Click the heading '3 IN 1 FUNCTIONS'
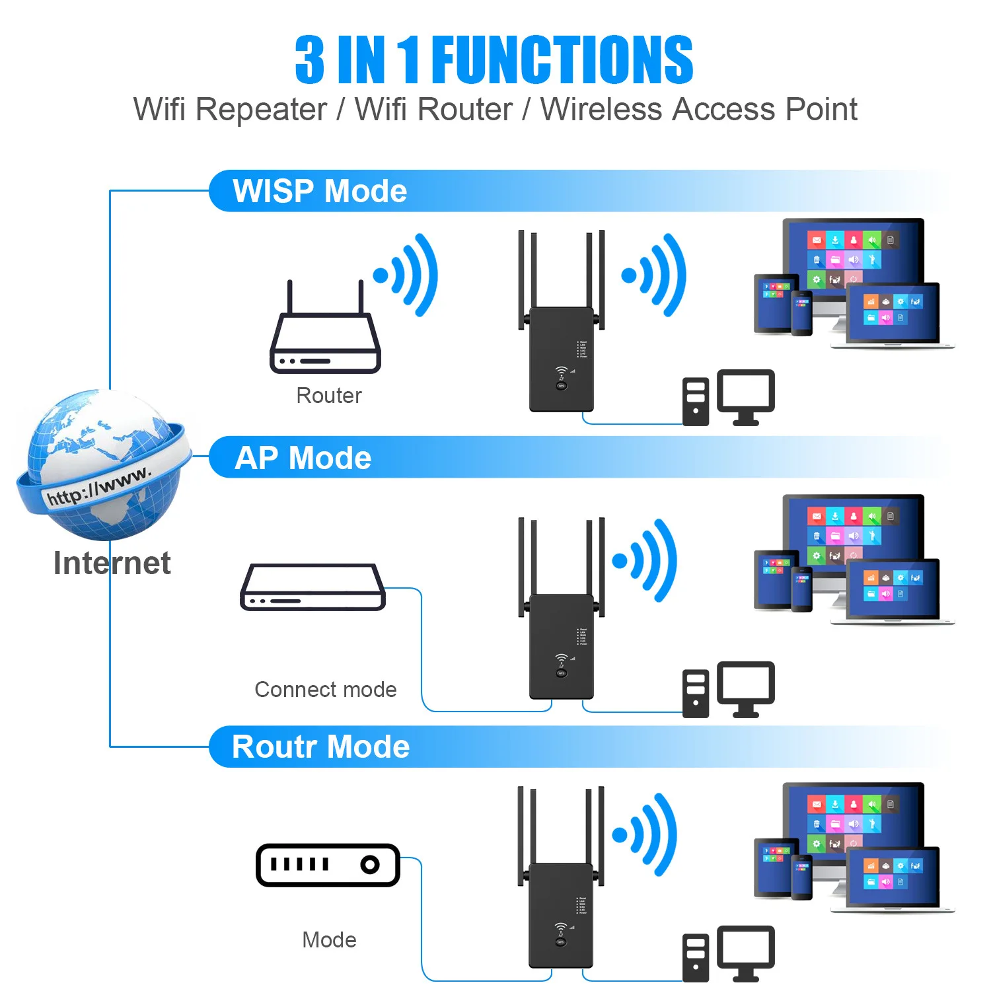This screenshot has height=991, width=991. coord(494,60)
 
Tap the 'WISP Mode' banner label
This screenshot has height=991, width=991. coord(320,192)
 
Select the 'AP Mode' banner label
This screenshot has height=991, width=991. coord(303,458)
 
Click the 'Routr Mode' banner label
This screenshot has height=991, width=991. coord(321,747)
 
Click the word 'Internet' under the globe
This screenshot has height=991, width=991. coord(112,564)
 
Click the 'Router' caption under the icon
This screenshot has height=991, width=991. coord(329,396)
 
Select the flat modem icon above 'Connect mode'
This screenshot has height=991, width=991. coord(312,587)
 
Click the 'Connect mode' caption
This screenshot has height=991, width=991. coord(326,690)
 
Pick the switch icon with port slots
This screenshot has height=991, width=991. coord(328,865)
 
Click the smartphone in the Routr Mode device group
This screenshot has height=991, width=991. coord(802,877)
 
